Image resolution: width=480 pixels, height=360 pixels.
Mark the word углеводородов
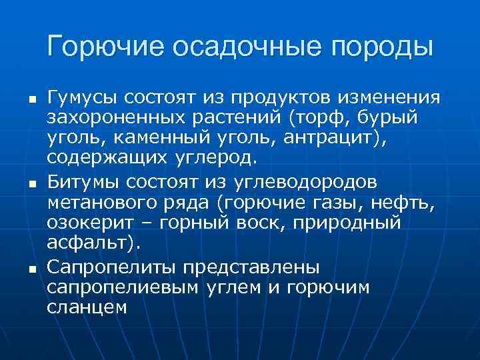[303, 182]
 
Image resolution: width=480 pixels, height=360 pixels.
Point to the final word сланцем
[87, 308]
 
